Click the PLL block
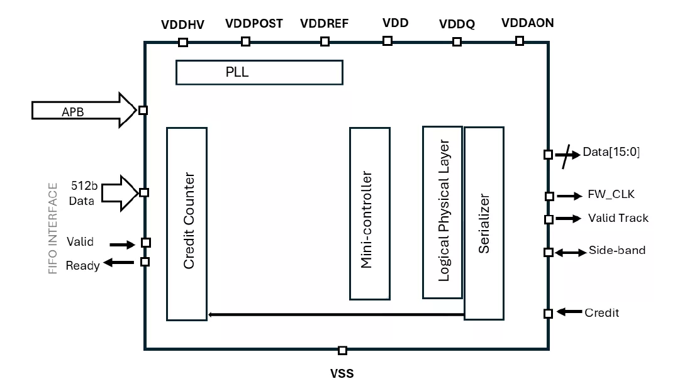click(259, 72)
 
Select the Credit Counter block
click(187, 223)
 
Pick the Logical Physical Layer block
click(443, 212)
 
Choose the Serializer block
click(484, 223)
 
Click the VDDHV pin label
click(183, 24)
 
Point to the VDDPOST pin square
click(246, 41)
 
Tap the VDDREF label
click(324, 24)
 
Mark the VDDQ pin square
click(457, 41)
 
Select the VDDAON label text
click(527, 24)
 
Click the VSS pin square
click(342, 350)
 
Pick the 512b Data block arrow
click(120, 193)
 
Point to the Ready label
click(82, 265)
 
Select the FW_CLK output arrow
click(569, 196)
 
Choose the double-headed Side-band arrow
click(569, 252)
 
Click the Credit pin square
click(548, 313)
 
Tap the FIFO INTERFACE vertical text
click(53, 228)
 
